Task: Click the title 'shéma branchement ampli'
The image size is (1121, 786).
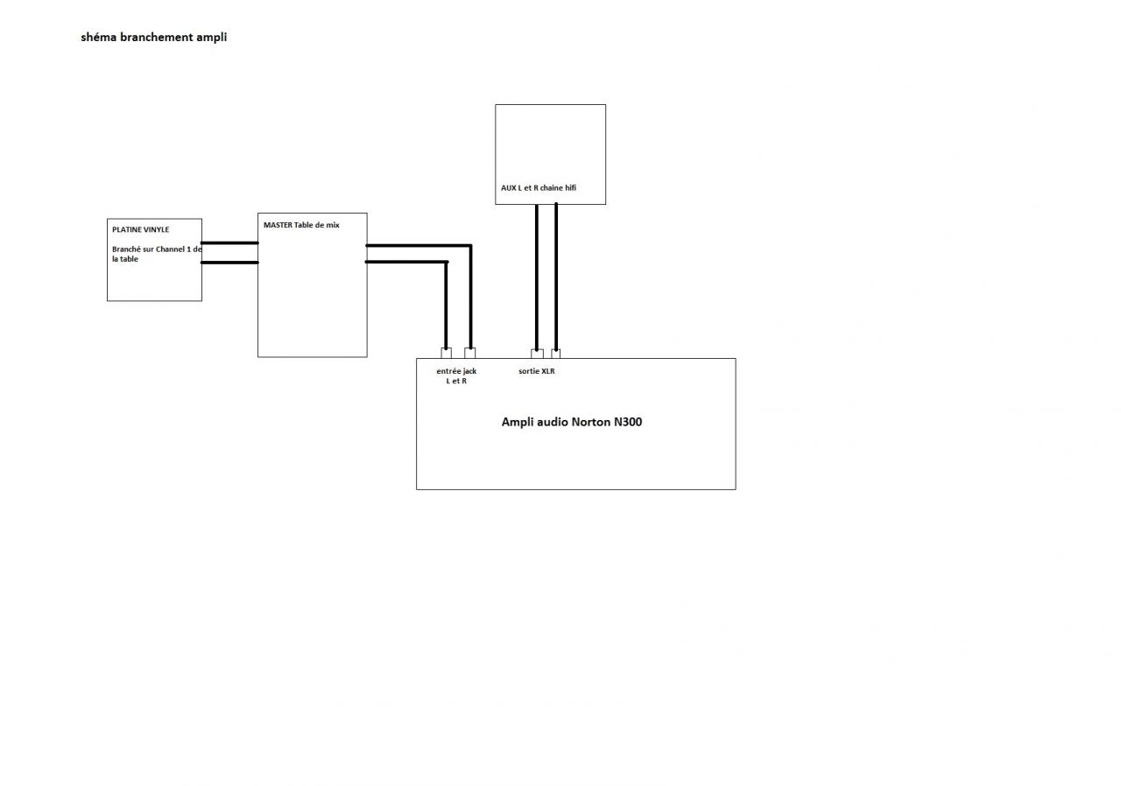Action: (153, 38)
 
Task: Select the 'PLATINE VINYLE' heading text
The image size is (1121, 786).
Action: (140, 229)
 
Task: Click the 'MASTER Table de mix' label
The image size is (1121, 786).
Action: (301, 225)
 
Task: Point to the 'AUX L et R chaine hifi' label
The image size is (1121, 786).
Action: (539, 188)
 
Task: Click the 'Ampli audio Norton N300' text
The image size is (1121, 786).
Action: (571, 422)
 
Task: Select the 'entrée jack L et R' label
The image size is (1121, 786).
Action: (456, 376)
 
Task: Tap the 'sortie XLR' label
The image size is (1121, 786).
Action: (536, 371)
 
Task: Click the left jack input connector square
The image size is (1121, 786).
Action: (447, 354)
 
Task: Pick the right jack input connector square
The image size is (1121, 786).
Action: (470, 354)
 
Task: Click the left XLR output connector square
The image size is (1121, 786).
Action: (537, 354)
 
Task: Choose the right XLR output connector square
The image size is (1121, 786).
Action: (556, 354)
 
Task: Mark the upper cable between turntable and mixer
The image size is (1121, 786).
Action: (229, 242)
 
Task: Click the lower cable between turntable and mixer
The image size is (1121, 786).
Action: (229, 262)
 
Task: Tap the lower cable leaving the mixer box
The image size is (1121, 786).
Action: (406, 262)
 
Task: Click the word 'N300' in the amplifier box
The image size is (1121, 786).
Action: (628, 422)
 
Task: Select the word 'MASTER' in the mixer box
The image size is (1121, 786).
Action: (278, 225)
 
